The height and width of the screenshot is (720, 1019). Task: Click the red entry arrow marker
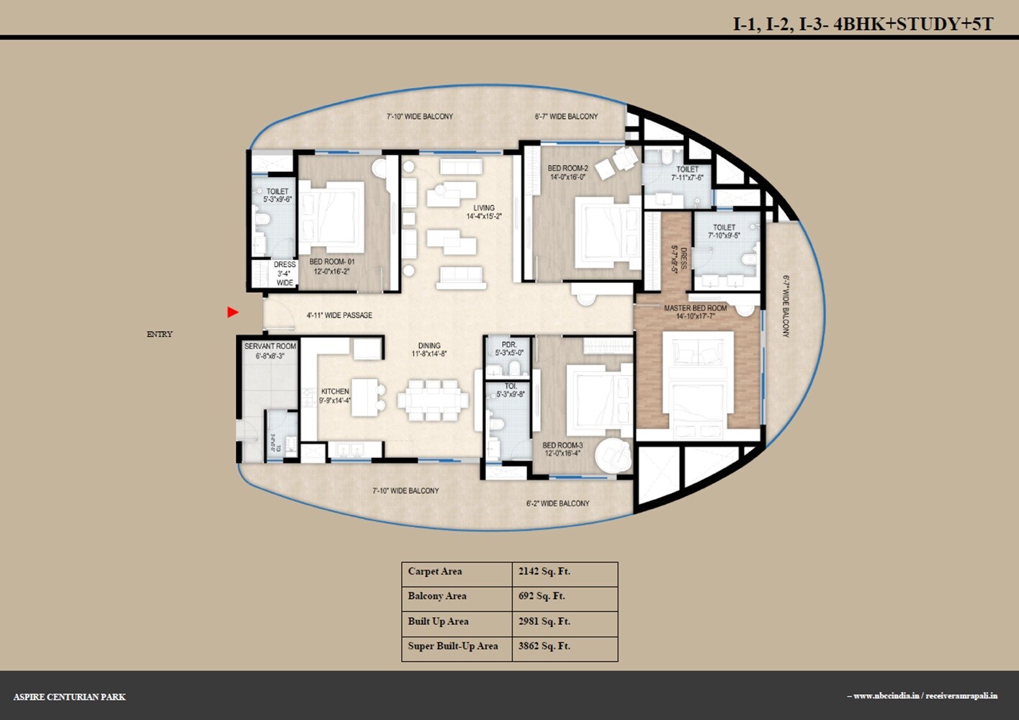pyautogui.click(x=233, y=312)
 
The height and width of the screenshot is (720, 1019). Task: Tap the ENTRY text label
pyautogui.click(x=159, y=334)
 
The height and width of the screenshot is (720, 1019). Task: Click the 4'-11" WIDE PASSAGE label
pyautogui.click(x=339, y=315)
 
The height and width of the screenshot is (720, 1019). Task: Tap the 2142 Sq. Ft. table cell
pyautogui.click(x=544, y=572)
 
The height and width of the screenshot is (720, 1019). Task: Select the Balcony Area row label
pyautogui.click(x=437, y=596)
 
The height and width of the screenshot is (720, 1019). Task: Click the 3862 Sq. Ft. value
pyautogui.click(x=544, y=646)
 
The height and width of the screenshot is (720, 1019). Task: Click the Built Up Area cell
pyautogui.click(x=438, y=621)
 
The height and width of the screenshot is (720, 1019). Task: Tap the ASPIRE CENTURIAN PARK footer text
pyautogui.click(x=70, y=697)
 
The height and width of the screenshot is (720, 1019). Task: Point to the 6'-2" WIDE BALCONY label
pyautogui.click(x=557, y=503)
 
